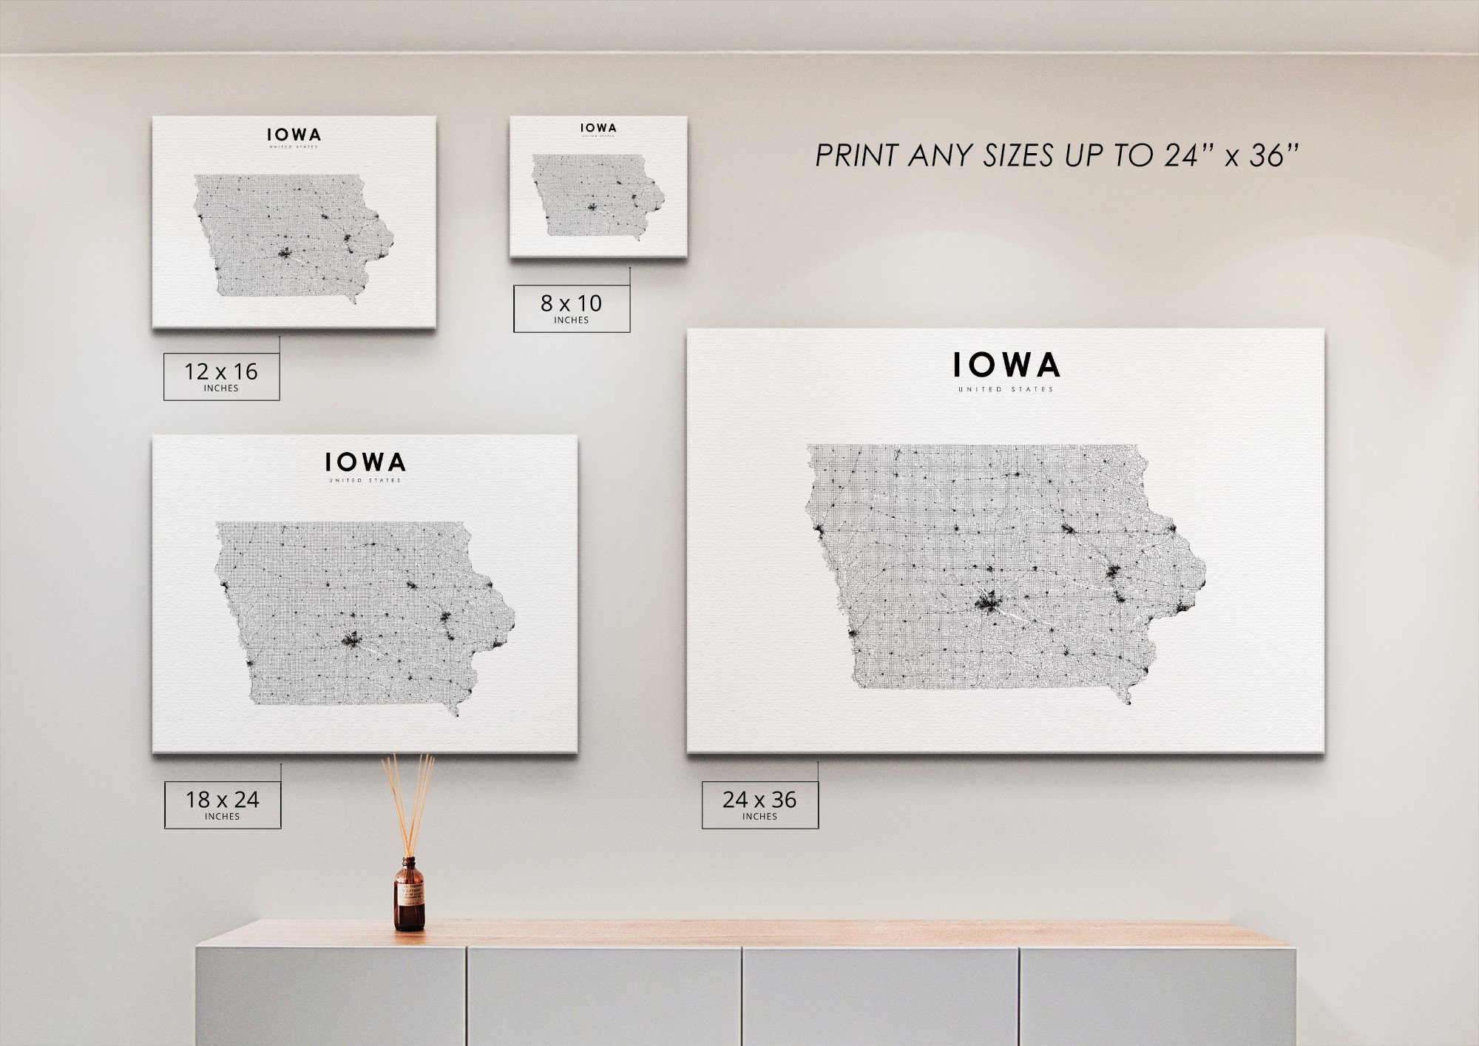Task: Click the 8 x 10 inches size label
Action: pyautogui.click(x=572, y=308)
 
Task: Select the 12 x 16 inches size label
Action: pyautogui.click(x=221, y=376)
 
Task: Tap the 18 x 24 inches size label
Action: pyautogui.click(x=222, y=804)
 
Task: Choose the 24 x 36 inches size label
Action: pyautogui.click(x=759, y=804)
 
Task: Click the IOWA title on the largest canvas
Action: pyautogui.click(x=1006, y=365)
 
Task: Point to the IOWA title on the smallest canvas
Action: pyautogui.click(x=598, y=128)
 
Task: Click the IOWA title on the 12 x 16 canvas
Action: pyautogui.click(x=294, y=135)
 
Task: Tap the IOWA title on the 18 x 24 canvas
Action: pyautogui.click(x=365, y=462)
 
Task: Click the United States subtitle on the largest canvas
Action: pyautogui.click(x=1006, y=389)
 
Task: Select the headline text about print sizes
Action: pyautogui.click(x=1057, y=155)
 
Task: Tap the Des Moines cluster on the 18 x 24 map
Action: pyautogui.click(x=351, y=639)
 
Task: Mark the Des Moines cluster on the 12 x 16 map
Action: pyautogui.click(x=285, y=253)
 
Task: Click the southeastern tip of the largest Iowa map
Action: pyautogui.click(x=1128, y=700)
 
